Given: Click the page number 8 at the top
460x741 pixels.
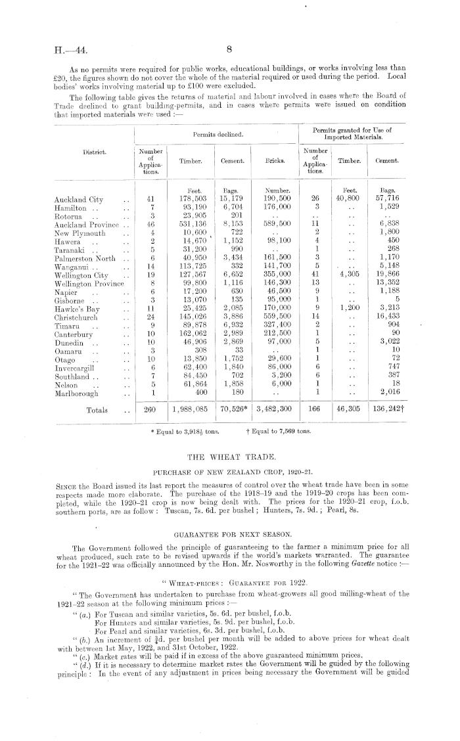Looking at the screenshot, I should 230,48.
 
